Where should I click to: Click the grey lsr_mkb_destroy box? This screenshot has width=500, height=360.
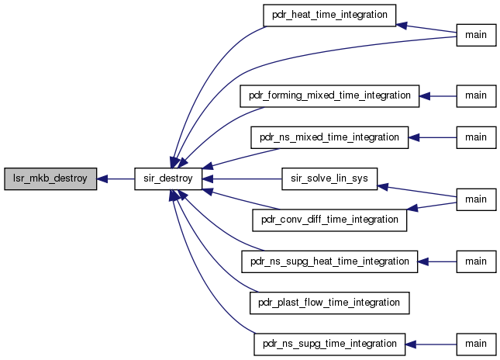pyautogui.click(x=50, y=178)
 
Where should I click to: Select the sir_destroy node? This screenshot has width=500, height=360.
pyautogui.click(x=168, y=178)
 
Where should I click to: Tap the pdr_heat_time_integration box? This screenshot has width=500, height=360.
pyautogui.click(x=329, y=16)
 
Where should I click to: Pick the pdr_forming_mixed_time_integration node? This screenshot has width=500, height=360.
pyautogui.click(x=329, y=96)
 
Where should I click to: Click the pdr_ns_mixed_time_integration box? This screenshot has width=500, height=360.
pyautogui.click(x=329, y=137)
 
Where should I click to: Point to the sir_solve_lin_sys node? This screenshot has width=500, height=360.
pyautogui.click(x=329, y=178)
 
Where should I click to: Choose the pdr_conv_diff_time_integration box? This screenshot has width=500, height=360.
pyautogui.click(x=329, y=220)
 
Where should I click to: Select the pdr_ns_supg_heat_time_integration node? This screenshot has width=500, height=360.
pyautogui.click(x=329, y=261)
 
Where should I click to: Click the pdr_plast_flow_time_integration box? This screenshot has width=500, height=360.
pyautogui.click(x=329, y=303)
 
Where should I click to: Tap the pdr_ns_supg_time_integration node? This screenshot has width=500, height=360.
pyautogui.click(x=329, y=344)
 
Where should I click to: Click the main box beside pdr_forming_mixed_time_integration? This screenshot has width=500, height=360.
pyautogui.click(x=476, y=96)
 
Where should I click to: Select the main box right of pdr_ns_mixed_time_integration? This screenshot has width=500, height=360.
pyautogui.click(x=476, y=137)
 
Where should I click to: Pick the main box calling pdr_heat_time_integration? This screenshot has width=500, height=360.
pyautogui.click(x=476, y=35)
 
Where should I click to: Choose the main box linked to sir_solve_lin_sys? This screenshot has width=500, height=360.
pyautogui.click(x=476, y=199)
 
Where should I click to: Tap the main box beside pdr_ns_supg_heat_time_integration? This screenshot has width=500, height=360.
pyautogui.click(x=476, y=261)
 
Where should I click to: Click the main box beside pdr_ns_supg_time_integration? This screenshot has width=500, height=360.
pyautogui.click(x=476, y=344)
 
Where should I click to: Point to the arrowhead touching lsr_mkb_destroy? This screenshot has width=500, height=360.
pyautogui.click(x=102, y=179)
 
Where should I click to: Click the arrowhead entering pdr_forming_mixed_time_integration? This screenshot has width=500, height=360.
pyautogui.click(x=425, y=96)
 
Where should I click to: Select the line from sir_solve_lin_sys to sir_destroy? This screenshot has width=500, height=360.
pyautogui.click(x=242, y=179)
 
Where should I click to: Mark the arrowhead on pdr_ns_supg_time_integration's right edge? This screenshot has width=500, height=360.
pyautogui.click(x=410, y=344)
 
